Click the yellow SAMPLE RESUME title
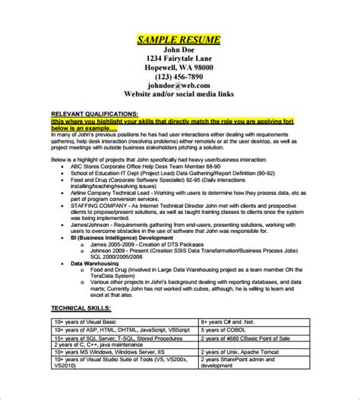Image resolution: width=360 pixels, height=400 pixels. tap(179, 39)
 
